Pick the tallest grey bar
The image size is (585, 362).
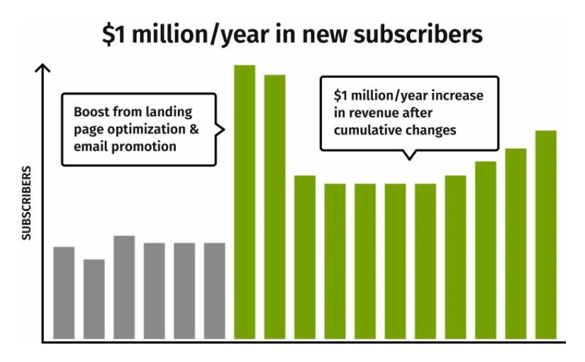point(124,287)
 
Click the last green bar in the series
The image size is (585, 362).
point(545,234)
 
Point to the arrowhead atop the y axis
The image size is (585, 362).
point(43,68)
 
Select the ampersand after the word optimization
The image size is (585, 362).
point(193,130)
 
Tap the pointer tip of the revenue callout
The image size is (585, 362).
point(408,159)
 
